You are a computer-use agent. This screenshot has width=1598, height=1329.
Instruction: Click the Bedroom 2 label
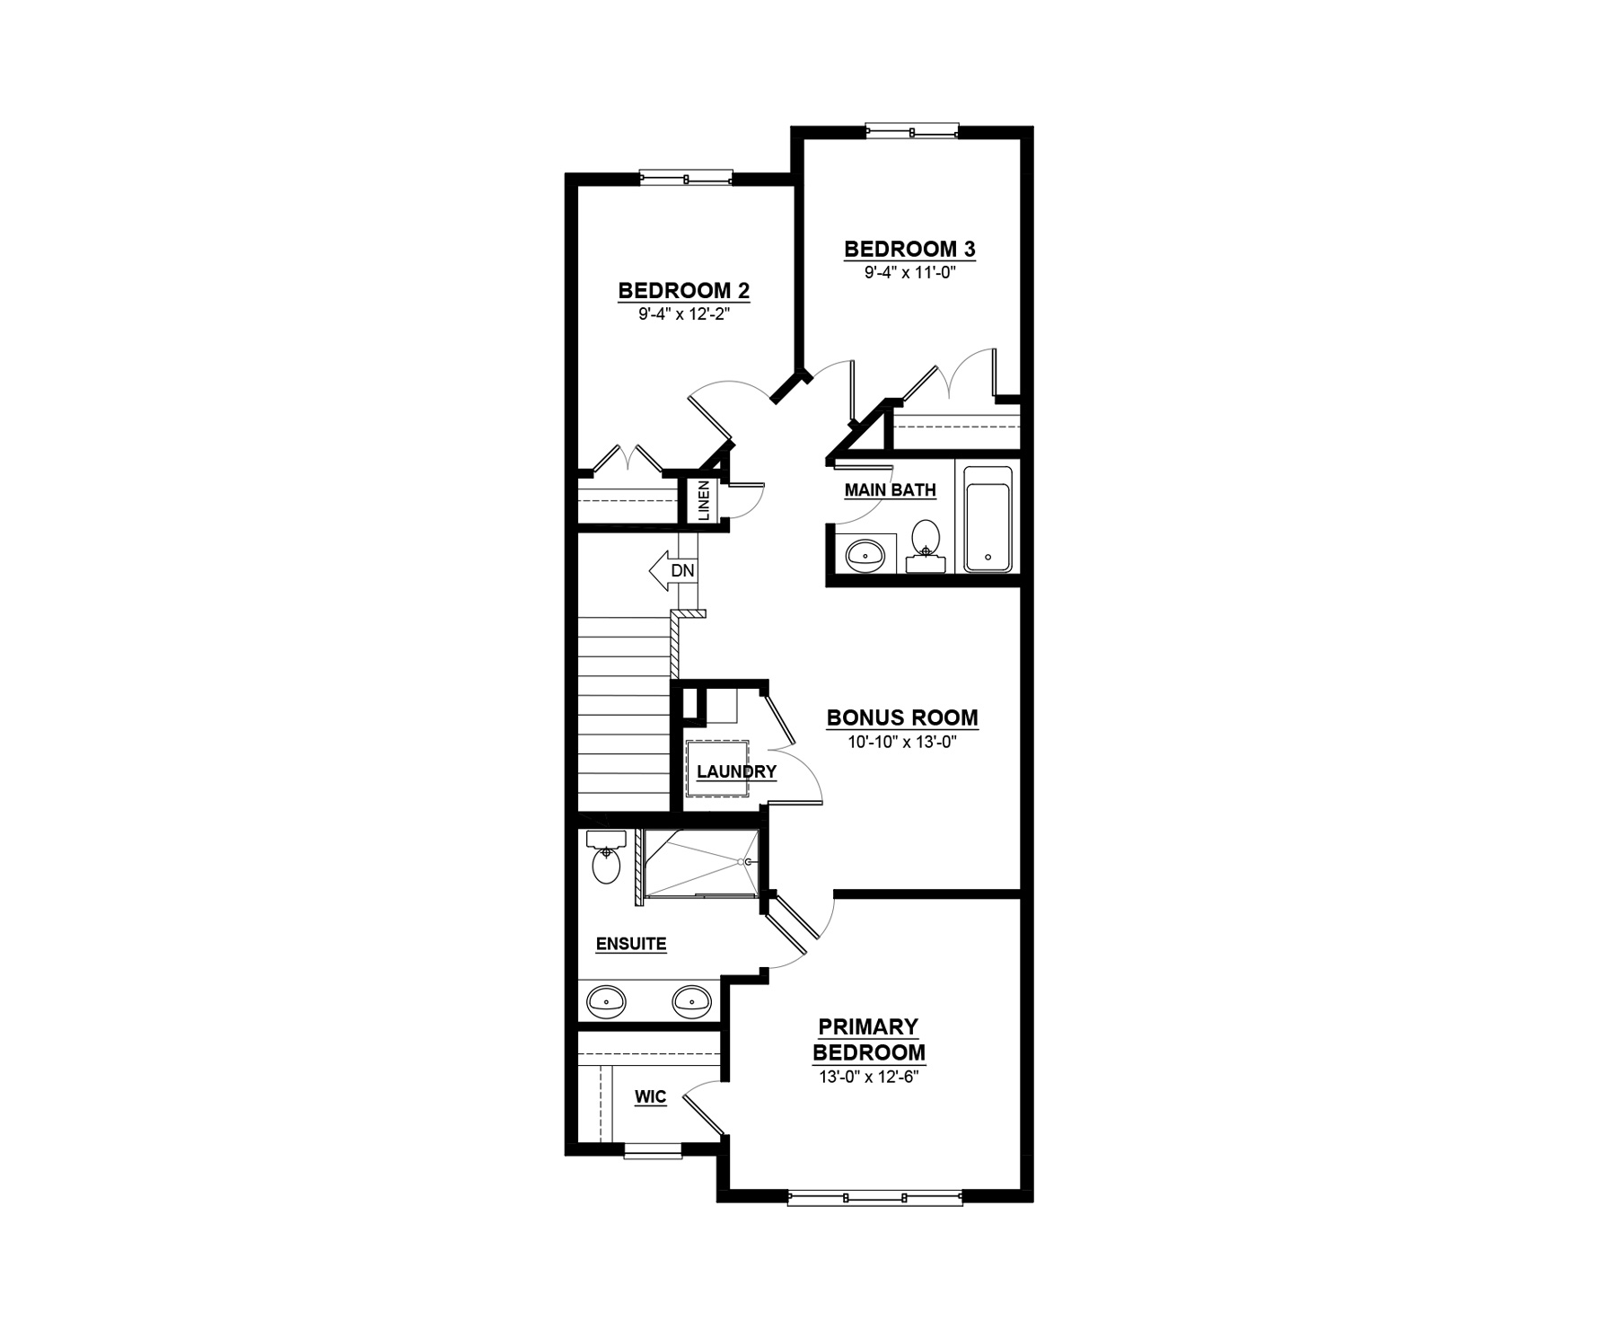684,291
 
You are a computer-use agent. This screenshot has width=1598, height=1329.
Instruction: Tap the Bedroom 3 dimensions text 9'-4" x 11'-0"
909,272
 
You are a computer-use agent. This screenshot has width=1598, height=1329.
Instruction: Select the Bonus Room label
902,717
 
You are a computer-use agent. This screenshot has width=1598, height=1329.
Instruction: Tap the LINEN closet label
704,500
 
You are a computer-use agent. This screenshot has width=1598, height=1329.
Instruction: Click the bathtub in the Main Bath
988,518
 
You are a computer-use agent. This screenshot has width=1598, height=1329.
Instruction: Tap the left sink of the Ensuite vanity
606,999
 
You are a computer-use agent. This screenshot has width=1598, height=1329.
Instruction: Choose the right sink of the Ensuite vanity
691,999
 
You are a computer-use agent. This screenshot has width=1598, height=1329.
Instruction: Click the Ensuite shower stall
700,863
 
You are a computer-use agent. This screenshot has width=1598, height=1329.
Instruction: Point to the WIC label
651,1097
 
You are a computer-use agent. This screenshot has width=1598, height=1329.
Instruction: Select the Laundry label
736,771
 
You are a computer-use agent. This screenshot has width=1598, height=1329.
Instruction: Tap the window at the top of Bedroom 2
686,178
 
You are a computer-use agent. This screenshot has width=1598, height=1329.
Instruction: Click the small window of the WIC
654,1150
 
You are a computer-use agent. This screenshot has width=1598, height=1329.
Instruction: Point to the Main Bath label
891,490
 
